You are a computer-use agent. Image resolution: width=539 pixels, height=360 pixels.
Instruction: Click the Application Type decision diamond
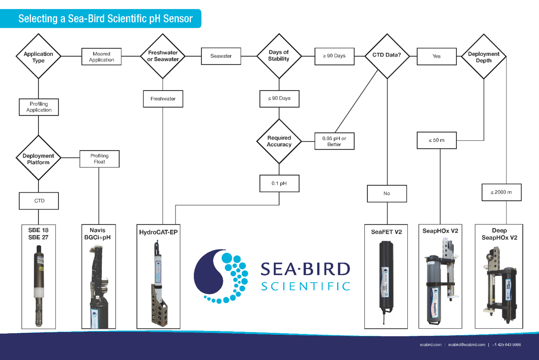pos(38,57)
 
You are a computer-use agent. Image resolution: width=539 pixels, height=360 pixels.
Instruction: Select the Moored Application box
pos(102,57)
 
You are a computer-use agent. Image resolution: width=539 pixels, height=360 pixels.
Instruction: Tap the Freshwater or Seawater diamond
pos(163,56)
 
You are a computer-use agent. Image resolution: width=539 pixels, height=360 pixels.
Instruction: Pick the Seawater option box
pos(221,56)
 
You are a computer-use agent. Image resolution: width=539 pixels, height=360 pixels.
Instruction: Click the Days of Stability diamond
pos(279,56)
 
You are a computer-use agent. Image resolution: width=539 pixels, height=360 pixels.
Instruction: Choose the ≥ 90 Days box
pos(334,56)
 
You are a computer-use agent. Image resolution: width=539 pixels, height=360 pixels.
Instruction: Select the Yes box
pos(436,56)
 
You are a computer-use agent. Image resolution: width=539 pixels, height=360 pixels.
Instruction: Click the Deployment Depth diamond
pos(484,57)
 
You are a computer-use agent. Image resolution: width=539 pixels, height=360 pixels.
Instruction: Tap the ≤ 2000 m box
pos(501,192)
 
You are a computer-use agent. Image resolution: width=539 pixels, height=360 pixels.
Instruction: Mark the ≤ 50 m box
pos(436,140)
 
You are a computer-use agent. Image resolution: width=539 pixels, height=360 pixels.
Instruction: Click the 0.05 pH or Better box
pos(334,141)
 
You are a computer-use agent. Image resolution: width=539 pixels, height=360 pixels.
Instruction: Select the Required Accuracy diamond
pos(279,141)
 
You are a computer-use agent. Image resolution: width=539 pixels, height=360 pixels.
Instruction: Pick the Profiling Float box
pos(99,159)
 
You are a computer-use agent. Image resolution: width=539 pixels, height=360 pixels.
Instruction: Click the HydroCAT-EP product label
pos(158,232)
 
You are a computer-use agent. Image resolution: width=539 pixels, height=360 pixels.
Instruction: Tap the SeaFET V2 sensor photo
pos(386,281)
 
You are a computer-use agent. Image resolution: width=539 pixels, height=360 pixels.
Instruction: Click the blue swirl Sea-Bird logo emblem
pos(221,276)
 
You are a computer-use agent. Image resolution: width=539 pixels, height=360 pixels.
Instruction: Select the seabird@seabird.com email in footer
pos(467,345)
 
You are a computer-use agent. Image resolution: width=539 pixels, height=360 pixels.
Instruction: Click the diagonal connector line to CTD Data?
pos(356,101)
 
